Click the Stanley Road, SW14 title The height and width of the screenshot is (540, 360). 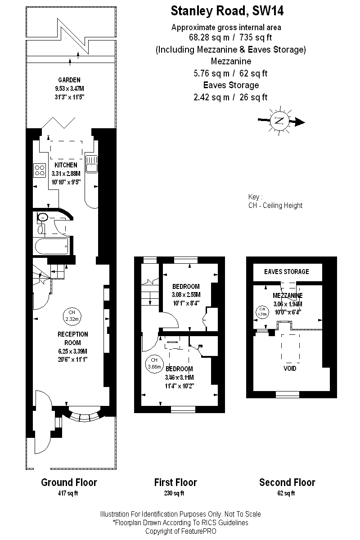pyautogui.click(x=227, y=11)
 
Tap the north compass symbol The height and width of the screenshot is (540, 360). pyautogui.click(x=279, y=121)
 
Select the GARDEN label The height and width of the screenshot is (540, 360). pyautogui.click(x=69, y=80)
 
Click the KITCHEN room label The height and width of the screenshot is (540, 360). pyautogui.click(x=66, y=165)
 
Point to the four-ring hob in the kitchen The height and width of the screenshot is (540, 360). pyautogui.click(x=40, y=170)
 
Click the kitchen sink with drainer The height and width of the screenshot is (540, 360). pyautogui.click(x=91, y=164)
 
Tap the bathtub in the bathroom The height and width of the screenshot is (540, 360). pyautogui.click(x=52, y=246)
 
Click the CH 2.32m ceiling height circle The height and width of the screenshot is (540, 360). pyautogui.click(x=72, y=316)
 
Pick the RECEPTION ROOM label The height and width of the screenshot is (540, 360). pyautogui.click(x=72, y=338)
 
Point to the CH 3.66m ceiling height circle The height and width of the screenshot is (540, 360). pyautogui.click(x=154, y=364)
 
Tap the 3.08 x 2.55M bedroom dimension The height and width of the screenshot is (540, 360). pyautogui.click(x=186, y=295)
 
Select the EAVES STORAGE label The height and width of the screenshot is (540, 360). pyautogui.click(x=287, y=272)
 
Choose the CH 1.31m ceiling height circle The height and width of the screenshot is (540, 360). pyautogui.click(x=262, y=311)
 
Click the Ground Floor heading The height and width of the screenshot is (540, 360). pyautogui.click(x=69, y=482)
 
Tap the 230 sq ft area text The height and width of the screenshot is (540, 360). pyautogui.click(x=174, y=493)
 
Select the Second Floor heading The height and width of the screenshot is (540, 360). pyautogui.click(x=287, y=482)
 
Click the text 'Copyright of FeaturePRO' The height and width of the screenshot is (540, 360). pyautogui.click(x=181, y=531)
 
